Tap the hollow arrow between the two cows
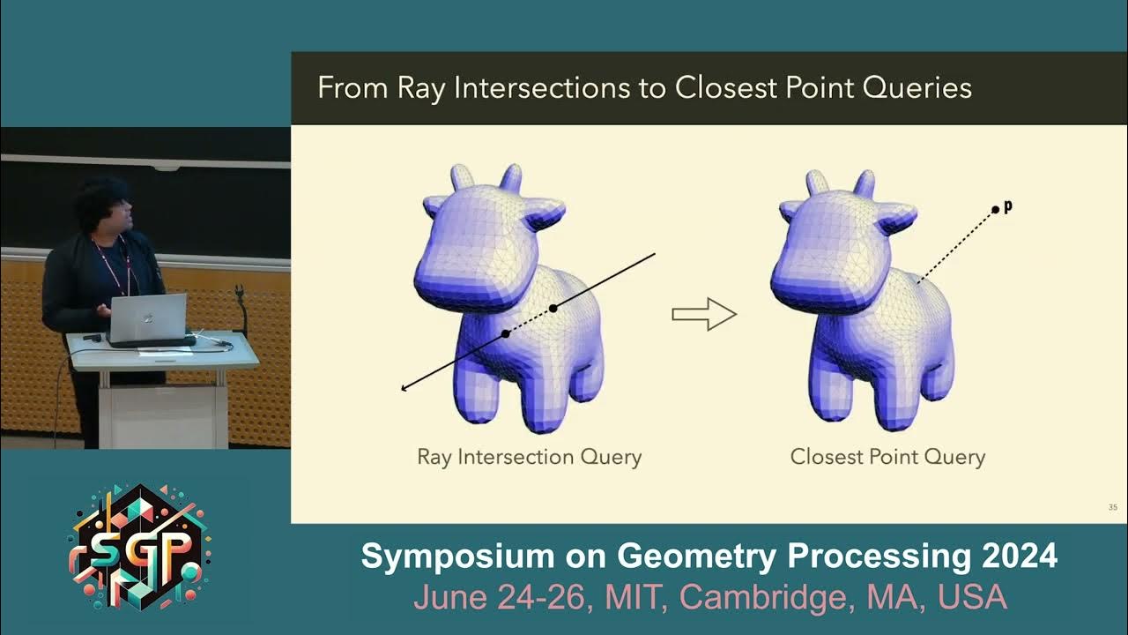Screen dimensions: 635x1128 click(x=704, y=314)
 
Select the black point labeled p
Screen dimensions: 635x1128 click(x=995, y=209)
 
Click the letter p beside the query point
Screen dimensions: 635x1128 click(x=1008, y=206)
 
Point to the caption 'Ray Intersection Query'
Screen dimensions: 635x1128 click(x=529, y=457)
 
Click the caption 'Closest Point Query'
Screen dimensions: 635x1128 click(x=887, y=457)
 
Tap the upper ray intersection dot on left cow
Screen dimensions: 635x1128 click(x=553, y=308)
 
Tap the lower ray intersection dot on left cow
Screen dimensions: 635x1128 click(x=506, y=333)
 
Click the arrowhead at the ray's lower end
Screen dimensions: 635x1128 click(x=404, y=387)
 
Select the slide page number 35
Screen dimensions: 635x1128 click(x=1112, y=507)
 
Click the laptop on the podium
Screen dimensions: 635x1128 click(x=148, y=317)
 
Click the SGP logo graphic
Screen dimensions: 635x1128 click(x=141, y=547)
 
